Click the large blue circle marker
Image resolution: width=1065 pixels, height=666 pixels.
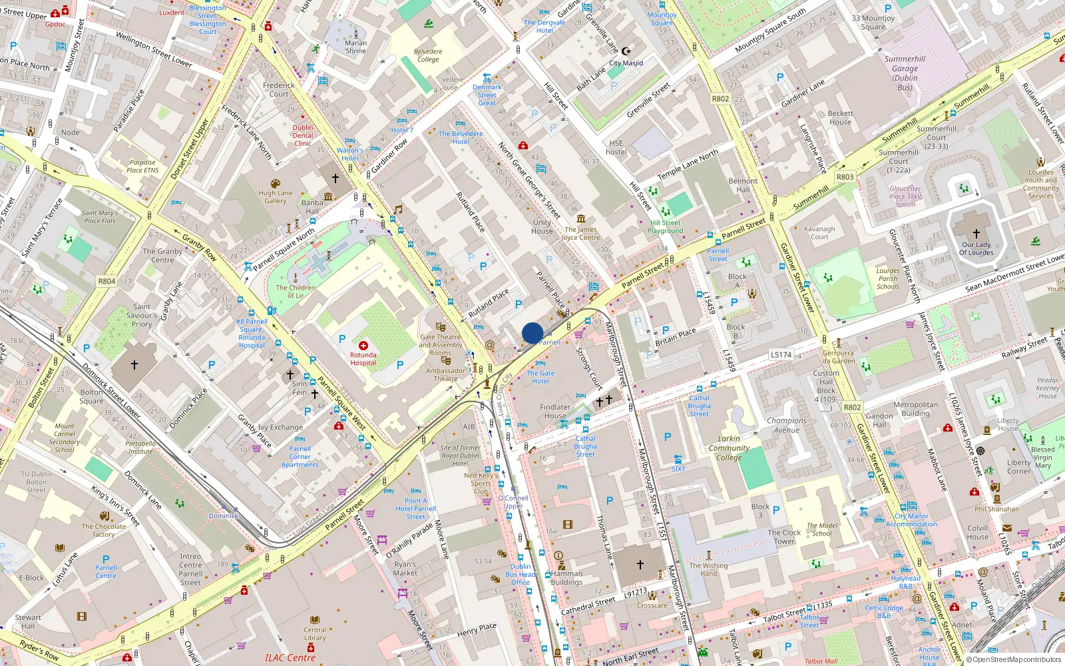pos(532,333)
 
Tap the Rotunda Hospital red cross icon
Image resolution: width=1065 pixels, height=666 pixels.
pos(363,346)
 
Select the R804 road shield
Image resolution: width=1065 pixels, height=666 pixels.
pos(106,281)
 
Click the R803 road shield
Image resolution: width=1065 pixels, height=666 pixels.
pos(845,176)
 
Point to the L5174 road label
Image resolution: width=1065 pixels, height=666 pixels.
pos(781,355)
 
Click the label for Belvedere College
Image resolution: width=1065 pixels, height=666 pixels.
pos(428,55)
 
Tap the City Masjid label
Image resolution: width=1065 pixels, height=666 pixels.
pos(626,63)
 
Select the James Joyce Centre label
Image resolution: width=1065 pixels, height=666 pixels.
pos(580,233)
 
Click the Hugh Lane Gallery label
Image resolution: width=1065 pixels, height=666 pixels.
pos(276,196)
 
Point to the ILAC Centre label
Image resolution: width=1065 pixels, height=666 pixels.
pos(290,658)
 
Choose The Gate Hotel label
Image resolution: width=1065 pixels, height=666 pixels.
pos(540,377)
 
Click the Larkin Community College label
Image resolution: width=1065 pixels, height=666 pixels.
pos(729,448)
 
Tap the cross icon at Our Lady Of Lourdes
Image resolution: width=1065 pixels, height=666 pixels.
pos(976,234)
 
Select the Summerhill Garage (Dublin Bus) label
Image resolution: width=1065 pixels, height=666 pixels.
pos(905,73)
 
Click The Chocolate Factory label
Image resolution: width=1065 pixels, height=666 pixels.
pos(104,530)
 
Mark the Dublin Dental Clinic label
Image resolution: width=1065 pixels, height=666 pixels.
pos(303,135)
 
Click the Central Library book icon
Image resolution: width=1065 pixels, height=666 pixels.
pos(315,619)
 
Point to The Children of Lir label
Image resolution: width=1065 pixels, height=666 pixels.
pos(296,292)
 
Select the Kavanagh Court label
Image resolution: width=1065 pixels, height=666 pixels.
pos(819,232)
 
